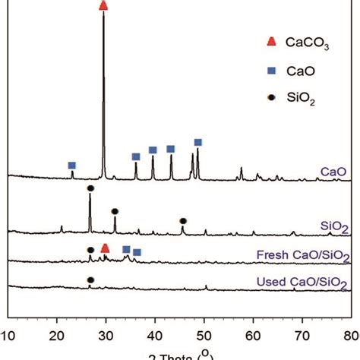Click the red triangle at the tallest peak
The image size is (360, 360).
[103, 6]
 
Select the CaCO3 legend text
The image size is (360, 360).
[307, 45]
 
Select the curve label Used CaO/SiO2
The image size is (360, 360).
[308, 283]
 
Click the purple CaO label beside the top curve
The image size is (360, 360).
[334, 172]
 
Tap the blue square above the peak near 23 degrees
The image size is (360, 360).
[72, 166]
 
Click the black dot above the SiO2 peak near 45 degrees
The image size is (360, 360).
[183, 221]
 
